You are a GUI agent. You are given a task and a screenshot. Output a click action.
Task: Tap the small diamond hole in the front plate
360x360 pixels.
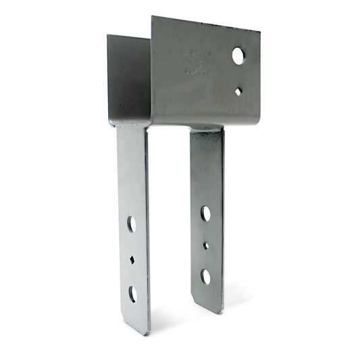238,91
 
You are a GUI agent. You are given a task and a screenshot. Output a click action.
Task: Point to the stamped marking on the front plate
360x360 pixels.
198,63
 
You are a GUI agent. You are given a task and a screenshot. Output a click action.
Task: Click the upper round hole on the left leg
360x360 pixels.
131,224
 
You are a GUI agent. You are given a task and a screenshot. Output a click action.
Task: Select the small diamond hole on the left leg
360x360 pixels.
132,259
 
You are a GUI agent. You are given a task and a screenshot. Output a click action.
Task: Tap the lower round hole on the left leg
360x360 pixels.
132,293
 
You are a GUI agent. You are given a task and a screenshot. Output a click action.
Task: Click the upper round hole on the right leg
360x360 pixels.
205,213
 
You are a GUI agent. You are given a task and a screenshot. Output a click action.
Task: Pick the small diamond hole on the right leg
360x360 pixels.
205,246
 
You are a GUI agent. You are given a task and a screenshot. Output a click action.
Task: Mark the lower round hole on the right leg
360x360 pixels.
205,276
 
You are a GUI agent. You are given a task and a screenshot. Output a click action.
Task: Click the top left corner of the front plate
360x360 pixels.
152,17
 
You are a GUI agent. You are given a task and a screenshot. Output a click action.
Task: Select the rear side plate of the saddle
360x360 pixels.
128,78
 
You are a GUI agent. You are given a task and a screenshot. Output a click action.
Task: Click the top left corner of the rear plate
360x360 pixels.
107,36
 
